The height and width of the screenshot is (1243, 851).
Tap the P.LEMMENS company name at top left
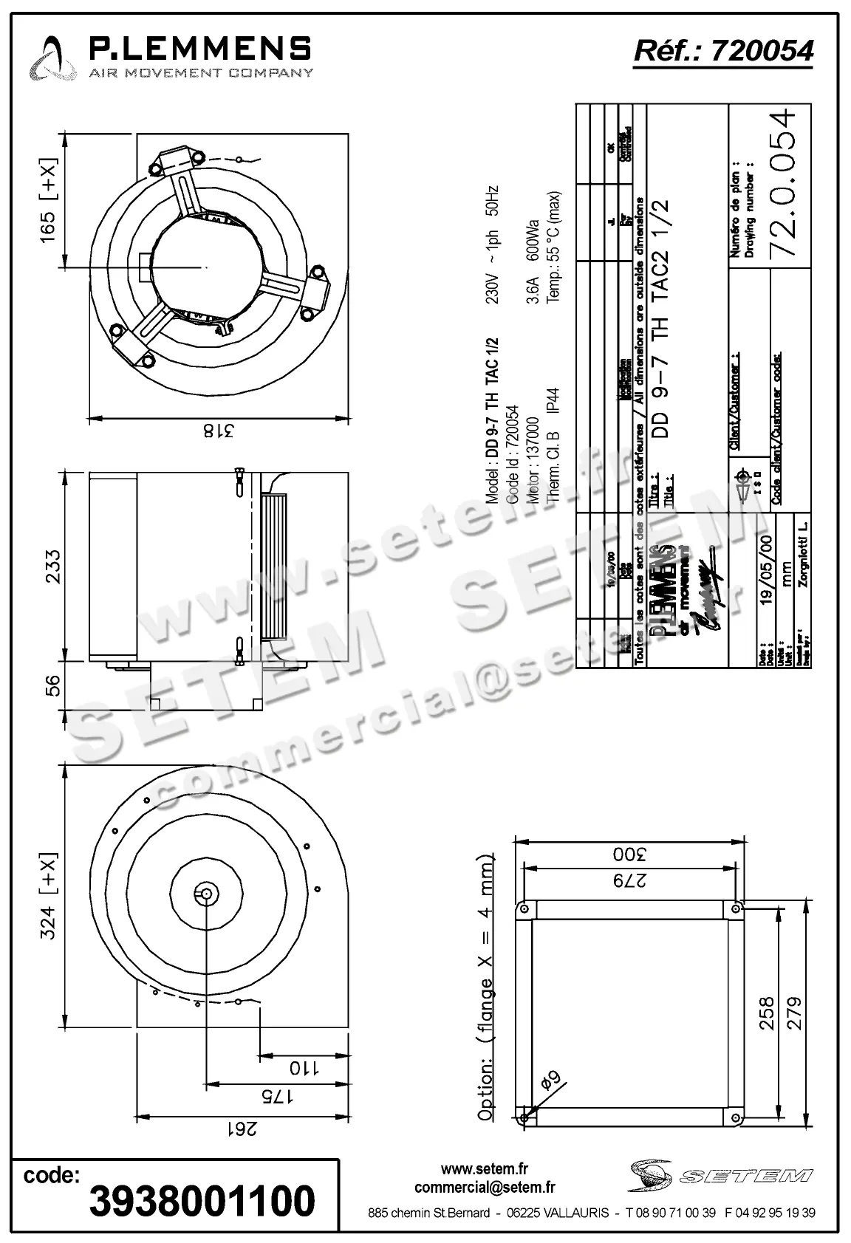199,49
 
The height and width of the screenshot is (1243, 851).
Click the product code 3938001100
202,1200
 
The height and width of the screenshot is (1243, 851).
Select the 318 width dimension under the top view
218,430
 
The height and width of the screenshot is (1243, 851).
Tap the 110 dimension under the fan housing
303,1067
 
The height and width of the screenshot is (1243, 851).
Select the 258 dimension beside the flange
767,1013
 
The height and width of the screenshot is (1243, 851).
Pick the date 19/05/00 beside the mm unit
766,569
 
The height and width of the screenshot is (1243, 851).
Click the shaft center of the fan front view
206,894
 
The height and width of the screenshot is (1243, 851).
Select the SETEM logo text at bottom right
746,1175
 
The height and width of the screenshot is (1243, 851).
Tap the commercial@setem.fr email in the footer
485,1188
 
